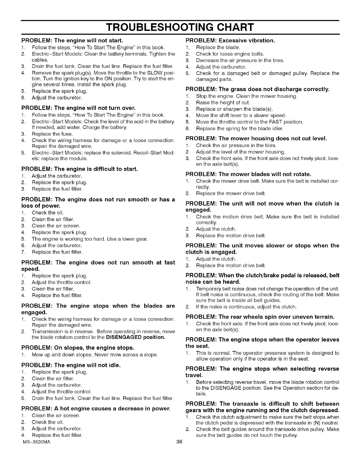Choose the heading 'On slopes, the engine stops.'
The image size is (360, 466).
78,348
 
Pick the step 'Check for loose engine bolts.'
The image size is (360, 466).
230,54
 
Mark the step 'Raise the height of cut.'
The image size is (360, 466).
223,102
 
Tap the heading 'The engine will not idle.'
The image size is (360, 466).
71,365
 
